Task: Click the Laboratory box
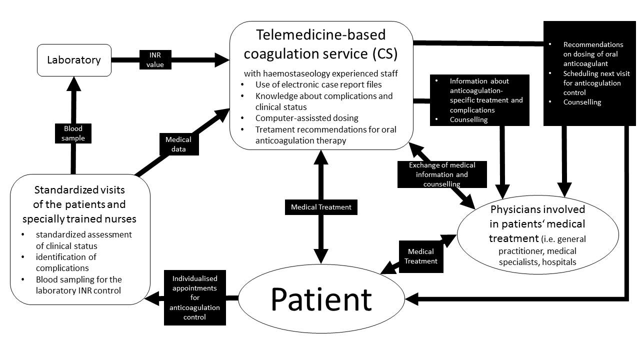(x=74, y=60)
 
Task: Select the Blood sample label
(x=73, y=133)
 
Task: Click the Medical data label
(x=178, y=144)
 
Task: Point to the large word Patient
(x=321, y=298)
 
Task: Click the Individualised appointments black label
(x=194, y=298)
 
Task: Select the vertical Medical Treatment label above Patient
(x=321, y=207)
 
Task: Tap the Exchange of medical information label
(x=441, y=174)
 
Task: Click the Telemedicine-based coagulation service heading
(x=320, y=44)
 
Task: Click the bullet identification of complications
(x=66, y=262)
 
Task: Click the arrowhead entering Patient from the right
(x=411, y=299)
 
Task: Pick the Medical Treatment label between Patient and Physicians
(x=420, y=256)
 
